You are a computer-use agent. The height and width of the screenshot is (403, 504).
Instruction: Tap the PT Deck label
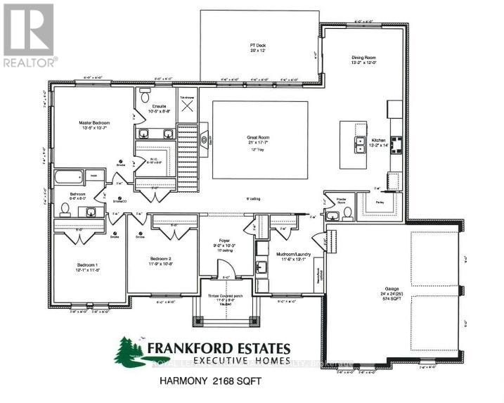[x=256, y=46]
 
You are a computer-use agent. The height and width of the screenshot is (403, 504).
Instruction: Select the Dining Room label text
[x=365, y=59]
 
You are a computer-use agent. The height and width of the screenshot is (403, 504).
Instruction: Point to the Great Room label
[x=259, y=139]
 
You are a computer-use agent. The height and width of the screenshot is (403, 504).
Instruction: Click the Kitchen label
[x=379, y=141]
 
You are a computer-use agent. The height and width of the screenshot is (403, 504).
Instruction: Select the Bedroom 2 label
[x=161, y=260]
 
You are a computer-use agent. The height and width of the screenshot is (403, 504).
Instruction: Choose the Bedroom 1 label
[x=89, y=265]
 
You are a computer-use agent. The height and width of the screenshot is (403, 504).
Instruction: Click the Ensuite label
[x=160, y=106]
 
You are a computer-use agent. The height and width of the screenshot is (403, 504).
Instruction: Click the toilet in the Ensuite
[x=146, y=91]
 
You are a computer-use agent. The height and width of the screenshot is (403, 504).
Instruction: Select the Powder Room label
[x=330, y=200]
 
